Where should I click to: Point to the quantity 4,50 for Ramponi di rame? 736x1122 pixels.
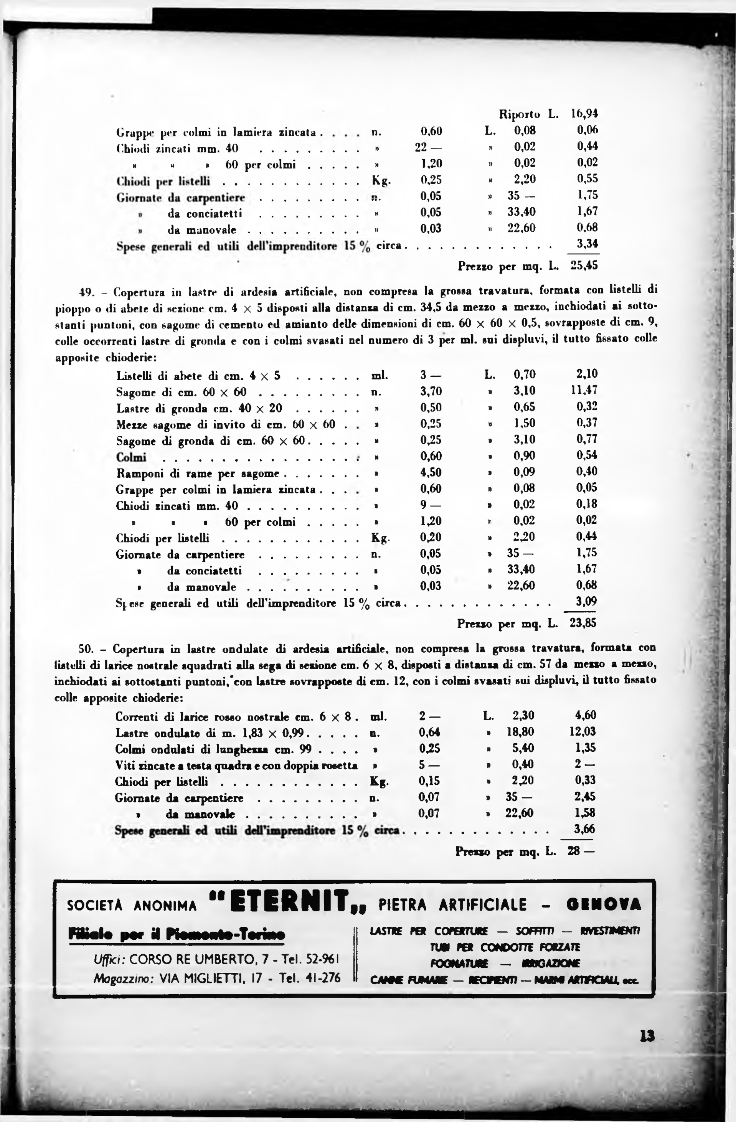coord(431,472)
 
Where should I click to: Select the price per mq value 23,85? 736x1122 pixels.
coord(583,623)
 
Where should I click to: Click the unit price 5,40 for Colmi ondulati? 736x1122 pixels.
coord(523,748)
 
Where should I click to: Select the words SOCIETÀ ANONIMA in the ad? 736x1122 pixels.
coord(132,906)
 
